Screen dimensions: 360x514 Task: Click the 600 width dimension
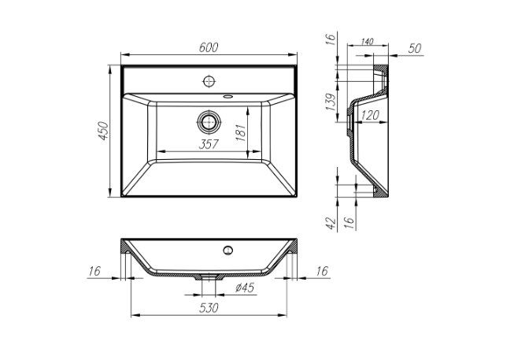coord(208,47)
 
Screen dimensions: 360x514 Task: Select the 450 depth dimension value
coord(101,131)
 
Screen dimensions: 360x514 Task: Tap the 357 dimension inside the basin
coord(207,143)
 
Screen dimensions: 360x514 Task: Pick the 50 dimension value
coord(416,48)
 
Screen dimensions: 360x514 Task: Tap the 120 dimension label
coord(370,115)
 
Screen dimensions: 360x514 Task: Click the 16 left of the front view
coord(95,271)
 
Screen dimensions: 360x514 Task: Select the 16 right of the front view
coord(321,271)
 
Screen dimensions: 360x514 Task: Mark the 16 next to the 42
coord(347,222)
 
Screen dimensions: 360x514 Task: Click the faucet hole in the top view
coord(209,80)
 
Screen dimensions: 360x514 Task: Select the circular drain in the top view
coord(209,121)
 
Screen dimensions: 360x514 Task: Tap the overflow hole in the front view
coord(227,251)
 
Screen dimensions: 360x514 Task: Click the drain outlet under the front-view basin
coord(209,277)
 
